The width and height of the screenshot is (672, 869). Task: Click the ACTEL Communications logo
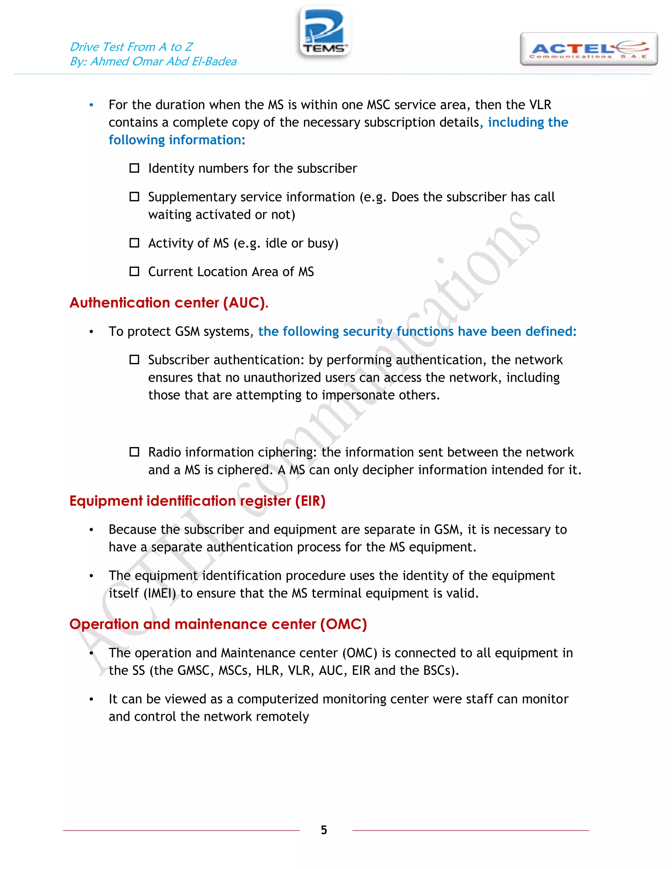tap(588, 49)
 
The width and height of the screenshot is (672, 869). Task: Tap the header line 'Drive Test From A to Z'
tap(131, 47)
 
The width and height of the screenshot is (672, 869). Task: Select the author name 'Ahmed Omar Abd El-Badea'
tap(163, 62)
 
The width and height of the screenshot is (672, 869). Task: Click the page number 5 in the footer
tap(324, 830)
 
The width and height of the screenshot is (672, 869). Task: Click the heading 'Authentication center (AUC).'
tap(169, 303)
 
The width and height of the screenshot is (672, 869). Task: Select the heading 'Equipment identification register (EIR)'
tap(198, 501)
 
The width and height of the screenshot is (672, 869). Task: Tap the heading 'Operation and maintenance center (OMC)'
tap(218, 624)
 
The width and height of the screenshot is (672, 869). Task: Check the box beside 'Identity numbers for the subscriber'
tap(135, 168)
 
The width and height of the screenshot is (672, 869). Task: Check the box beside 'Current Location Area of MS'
tap(135, 272)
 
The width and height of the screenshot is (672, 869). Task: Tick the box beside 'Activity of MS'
tap(135, 243)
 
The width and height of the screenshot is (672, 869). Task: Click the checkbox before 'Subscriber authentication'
tap(135, 360)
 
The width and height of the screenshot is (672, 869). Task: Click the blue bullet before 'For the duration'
tap(92, 105)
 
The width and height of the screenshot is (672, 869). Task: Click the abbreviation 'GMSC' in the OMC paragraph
tap(193, 671)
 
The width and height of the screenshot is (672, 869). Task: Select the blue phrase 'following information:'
tap(177, 140)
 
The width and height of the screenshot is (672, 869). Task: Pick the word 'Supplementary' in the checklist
tap(187, 197)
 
